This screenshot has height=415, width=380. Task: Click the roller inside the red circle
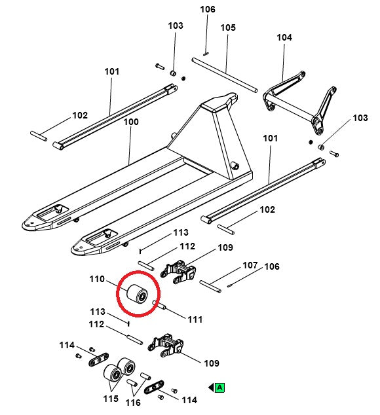pyautogui.click(x=137, y=295)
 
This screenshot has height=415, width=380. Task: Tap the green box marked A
pyautogui.click(x=220, y=388)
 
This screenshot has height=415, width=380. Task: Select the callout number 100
pyautogui.click(x=131, y=122)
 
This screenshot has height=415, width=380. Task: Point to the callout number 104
pyautogui.click(x=284, y=37)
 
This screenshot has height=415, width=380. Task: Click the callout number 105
pyautogui.click(x=228, y=27)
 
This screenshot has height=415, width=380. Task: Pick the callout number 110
pyautogui.click(x=97, y=279)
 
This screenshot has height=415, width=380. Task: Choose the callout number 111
pyautogui.click(x=195, y=319)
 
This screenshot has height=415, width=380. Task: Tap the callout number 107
pyautogui.click(x=250, y=265)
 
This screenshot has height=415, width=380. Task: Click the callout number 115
pyautogui.click(x=111, y=399)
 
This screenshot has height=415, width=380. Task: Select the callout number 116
pyautogui.click(x=133, y=403)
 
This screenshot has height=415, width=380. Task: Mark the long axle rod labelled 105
pyautogui.click(x=225, y=75)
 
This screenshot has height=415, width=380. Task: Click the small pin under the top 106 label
pyautogui.click(x=206, y=54)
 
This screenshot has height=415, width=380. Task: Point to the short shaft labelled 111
pyautogui.click(x=159, y=305)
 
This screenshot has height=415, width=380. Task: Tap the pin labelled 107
pyautogui.click(x=210, y=286)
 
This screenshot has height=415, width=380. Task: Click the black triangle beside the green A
pyautogui.click(x=211, y=388)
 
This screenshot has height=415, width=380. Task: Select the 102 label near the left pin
pyautogui.click(x=80, y=115)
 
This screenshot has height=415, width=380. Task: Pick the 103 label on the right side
pyautogui.click(x=360, y=118)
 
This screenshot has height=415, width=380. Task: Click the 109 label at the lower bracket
pyautogui.click(x=212, y=363)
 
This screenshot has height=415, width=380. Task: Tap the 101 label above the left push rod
pyautogui.click(x=112, y=71)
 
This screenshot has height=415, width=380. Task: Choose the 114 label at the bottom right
pyautogui.click(x=189, y=400)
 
